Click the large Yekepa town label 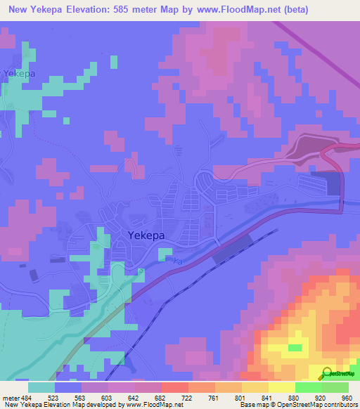pyautogui.click(x=146, y=236)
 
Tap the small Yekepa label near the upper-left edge pyautogui.click(x=19, y=73)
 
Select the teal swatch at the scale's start pyautogui.click(x=41, y=387)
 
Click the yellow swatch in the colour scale pyautogui.click(x=281, y=387)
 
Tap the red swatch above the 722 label pyautogui.click(x=174, y=387)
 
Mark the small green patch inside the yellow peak pyautogui.click(x=295, y=347)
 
